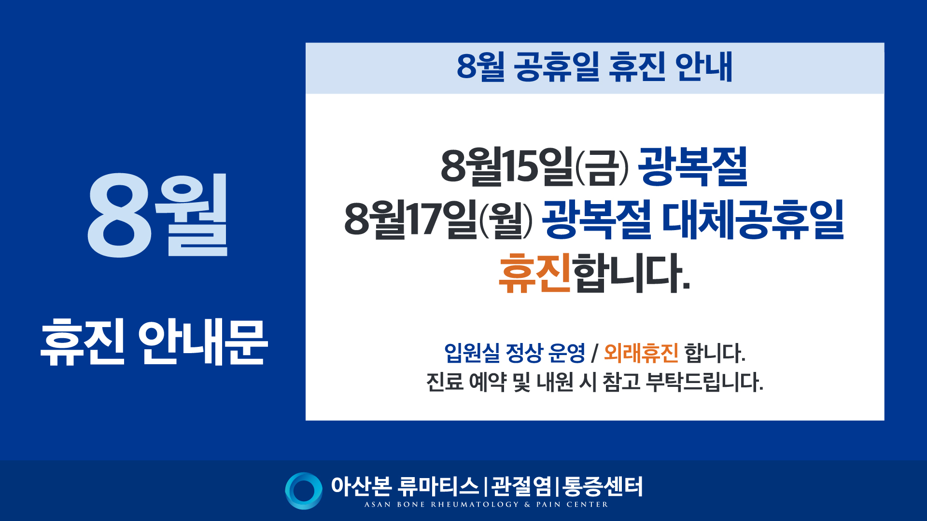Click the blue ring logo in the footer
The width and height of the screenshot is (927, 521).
pyautogui.click(x=304, y=491)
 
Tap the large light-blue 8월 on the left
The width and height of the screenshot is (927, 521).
pyautogui.click(x=157, y=215)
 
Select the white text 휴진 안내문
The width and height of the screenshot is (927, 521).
pyautogui.click(x=154, y=342)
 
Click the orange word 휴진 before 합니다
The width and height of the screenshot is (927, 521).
pyautogui.click(x=534, y=273)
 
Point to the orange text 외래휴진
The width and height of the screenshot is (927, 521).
pyautogui.click(x=641, y=353)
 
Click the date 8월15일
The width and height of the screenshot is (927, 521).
pyautogui.click(x=507, y=166)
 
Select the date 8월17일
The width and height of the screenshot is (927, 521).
pyautogui.click(x=410, y=219)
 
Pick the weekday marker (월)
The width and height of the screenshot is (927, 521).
pyautogui.click(x=506, y=220)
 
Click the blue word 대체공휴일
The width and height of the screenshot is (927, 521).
pyautogui.click(x=753, y=219)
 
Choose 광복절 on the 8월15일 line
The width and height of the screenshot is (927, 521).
pyautogui.click(x=693, y=166)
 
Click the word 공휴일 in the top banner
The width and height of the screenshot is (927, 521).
pyautogui.click(x=556, y=67)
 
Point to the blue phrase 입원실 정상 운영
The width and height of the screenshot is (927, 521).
pyautogui.click(x=515, y=353)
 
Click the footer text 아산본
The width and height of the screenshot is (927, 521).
pyautogui.click(x=361, y=486)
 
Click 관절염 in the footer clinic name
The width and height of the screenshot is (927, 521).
pyautogui.click(x=521, y=486)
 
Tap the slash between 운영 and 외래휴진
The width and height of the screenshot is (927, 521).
pyautogui.click(x=595, y=354)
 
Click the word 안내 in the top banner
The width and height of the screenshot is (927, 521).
pyautogui.click(x=704, y=67)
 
